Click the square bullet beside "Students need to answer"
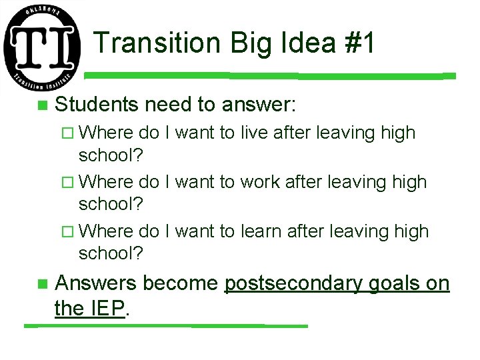coord(42,105)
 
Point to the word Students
coord(97,105)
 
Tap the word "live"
coord(255,133)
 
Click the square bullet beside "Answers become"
coord(42,285)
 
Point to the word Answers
coord(97,283)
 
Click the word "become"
coord(181,283)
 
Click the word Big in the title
coord(247,45)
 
